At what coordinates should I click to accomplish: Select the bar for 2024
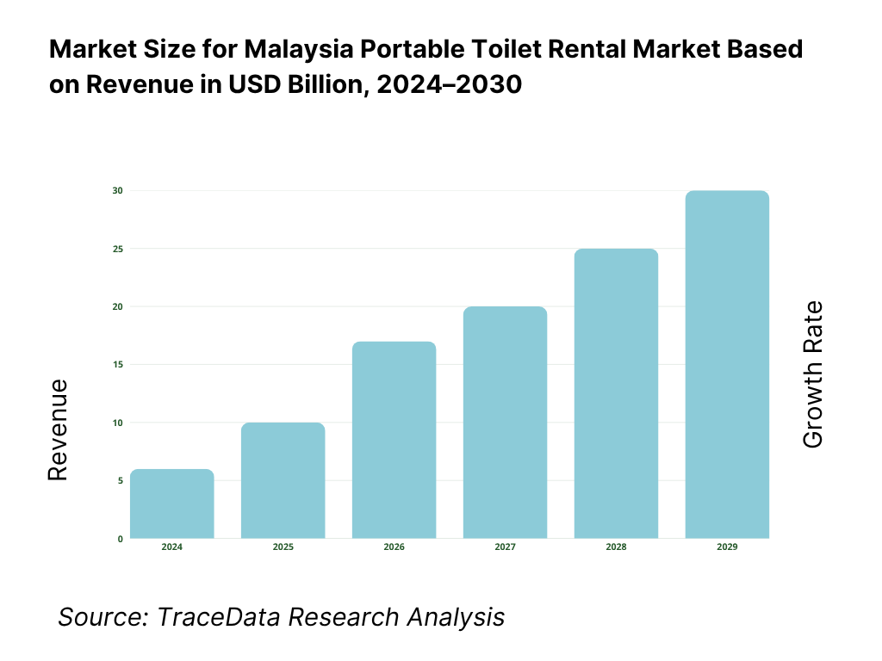172,504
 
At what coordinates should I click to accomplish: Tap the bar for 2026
394,440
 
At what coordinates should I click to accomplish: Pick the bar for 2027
505,423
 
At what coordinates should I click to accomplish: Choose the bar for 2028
616,393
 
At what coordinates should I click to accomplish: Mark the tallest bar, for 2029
727,365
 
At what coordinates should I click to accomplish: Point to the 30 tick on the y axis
118,190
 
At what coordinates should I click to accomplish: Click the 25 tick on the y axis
118,249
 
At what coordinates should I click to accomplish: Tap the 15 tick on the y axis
118,365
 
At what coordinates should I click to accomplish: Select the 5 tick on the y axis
120,481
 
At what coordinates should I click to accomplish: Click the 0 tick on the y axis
120,539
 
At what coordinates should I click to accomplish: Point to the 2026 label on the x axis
394,547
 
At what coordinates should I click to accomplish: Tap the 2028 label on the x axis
616,547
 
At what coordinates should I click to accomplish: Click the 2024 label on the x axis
172,547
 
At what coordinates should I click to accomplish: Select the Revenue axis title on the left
58,429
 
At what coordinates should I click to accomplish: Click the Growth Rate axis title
812,374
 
